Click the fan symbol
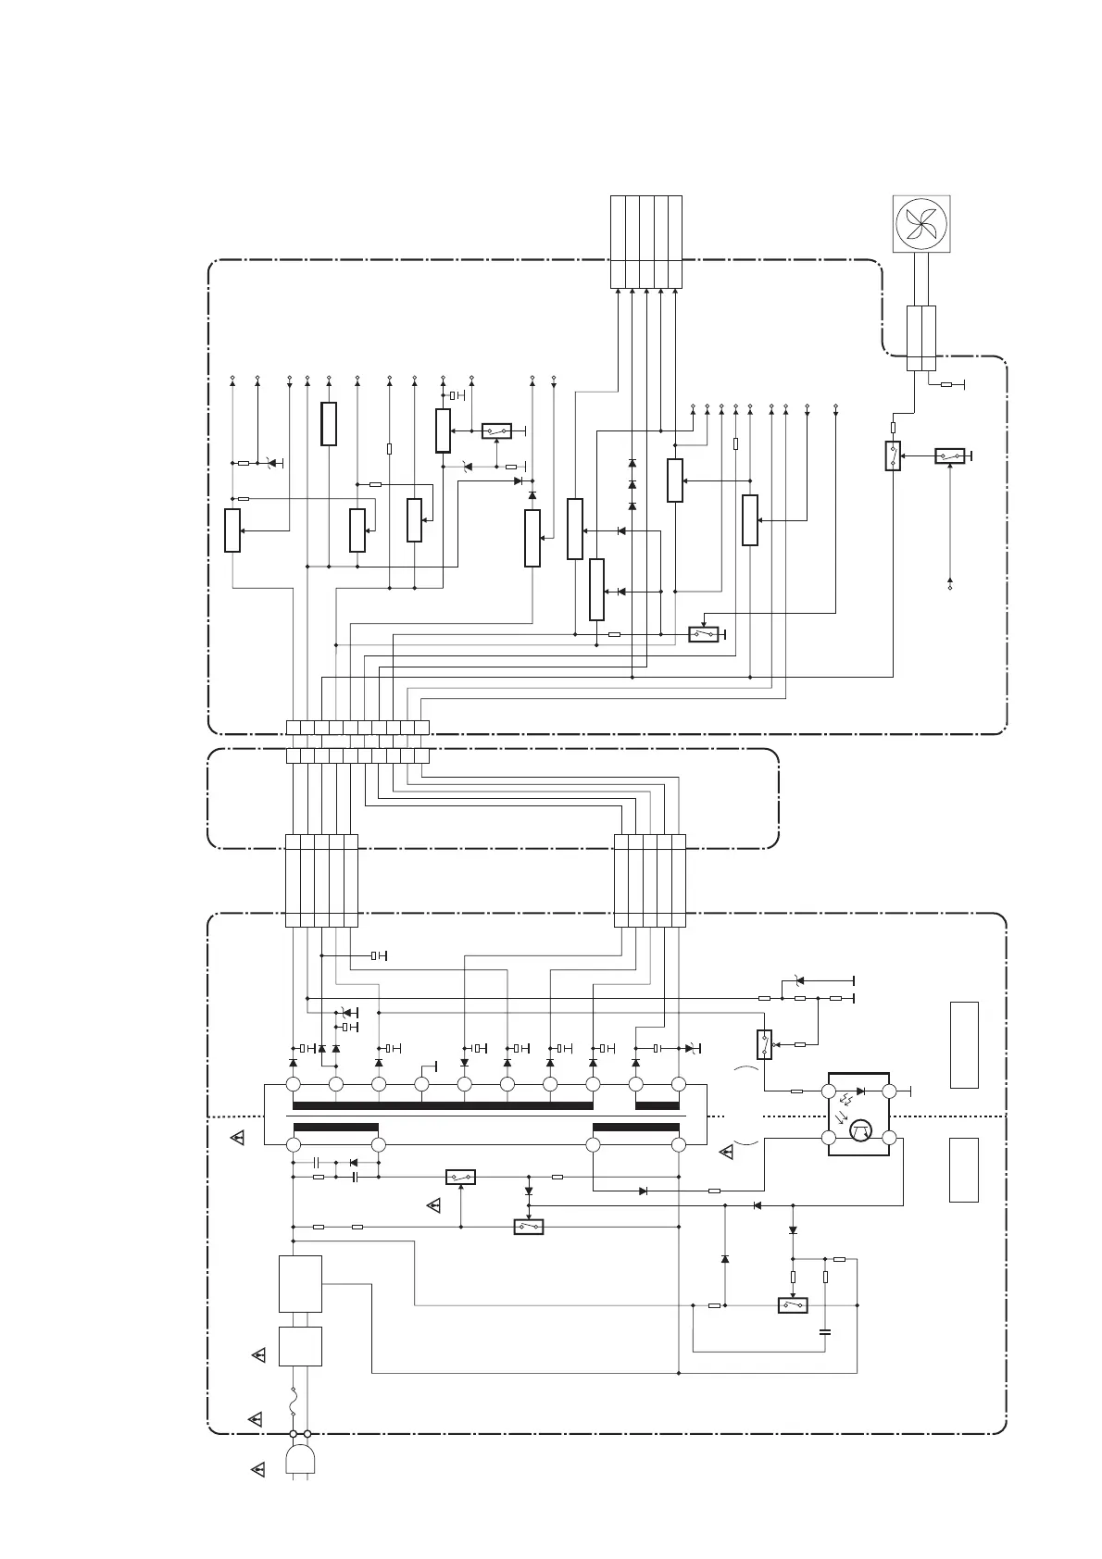pos(920,225)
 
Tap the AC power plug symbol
pos(300,1460)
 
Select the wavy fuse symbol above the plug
pos(294,1403)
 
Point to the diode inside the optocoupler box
pos(861,1091)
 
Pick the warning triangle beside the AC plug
pos(258,1468)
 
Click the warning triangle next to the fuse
pos(256,1418)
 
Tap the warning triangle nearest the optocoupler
pos(727,1153)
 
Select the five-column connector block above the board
pos(646,242)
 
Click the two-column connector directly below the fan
pos(920,338)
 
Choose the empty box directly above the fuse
pos(300,1346)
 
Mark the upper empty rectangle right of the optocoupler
pos(964,1044)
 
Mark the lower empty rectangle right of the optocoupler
pos(964,1169)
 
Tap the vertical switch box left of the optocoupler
pos(764,1044)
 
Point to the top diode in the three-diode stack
pos(632,463)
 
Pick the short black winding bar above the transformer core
pos(657,1105)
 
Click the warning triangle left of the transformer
pos(238,1138)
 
